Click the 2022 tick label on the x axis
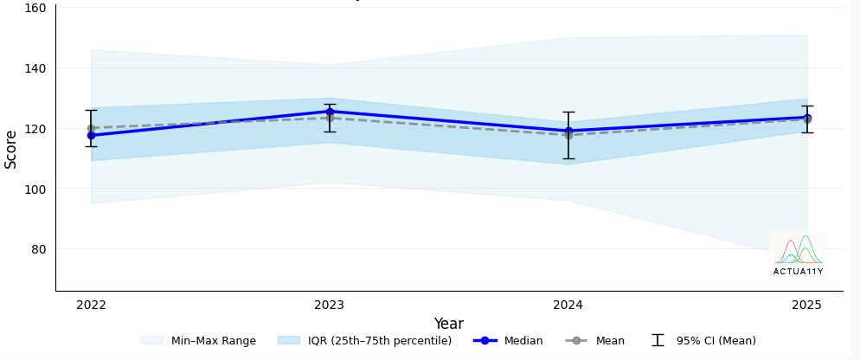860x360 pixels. pyautogui.click(x=91, y=305)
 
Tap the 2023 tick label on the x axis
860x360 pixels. pyautogui.click(x=330, y=305)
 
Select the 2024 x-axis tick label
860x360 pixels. pyautogui.click(x=568, y=305)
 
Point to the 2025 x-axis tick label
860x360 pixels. pyautogui.click(x=806, y=305)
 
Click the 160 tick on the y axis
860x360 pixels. pyautogui.click(x=35, y=8)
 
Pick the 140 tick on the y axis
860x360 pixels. pyautogui.click(x=35, y=68)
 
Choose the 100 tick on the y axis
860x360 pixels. pyautogui.click(x=35, y=189)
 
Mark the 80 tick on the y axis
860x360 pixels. pyautogui.click(x=38, y=249)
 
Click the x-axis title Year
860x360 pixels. pyautogui.click(x=448, y=324)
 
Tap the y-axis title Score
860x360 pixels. pyautogui.click(x=11, y=149)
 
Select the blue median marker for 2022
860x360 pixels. pyautogui.click(x=91, y=136)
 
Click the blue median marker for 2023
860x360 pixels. pyautogui.click(x=330, y=112)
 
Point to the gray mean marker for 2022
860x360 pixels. pyautogui.click(x=91, y=128)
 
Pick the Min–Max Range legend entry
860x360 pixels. pyautogui.click(x=198, y=341)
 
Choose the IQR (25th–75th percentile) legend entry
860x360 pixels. pyautogui.click(x=364, y=341)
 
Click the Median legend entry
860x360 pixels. pyautogui.click(x=509, y=341)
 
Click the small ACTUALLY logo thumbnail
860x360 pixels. pyautogui.click(x=798, y=258)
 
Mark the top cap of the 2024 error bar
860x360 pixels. pyautogui.click(x=568, y=112)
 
